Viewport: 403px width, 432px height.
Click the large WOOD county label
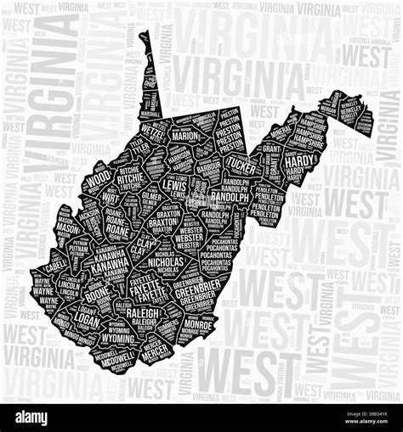pyautogui.click(x=99, y=180)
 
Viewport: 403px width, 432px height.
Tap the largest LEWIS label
pyautogui.click(x=175, y=184)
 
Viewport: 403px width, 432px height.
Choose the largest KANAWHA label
pyautogui.click(x=113, y=264)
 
